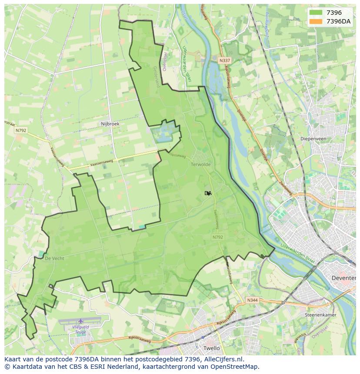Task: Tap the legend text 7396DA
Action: (x=338, y=22)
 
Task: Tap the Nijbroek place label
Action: (x=110, y=124)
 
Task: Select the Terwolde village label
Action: (x=200, y=165)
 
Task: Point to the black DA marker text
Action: (x=208, y=193)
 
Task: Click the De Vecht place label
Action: (x=55, y=258)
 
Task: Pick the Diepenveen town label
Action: (x=313, y=139)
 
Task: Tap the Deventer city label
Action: (x=343, y=278)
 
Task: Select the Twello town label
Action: (x=212, y=348)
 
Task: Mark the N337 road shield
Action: (x=224, y=60)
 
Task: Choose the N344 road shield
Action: (x=252, y=300)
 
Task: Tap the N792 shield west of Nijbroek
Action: (x=20, y=130)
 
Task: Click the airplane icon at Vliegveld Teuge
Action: (x=80, y=321)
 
